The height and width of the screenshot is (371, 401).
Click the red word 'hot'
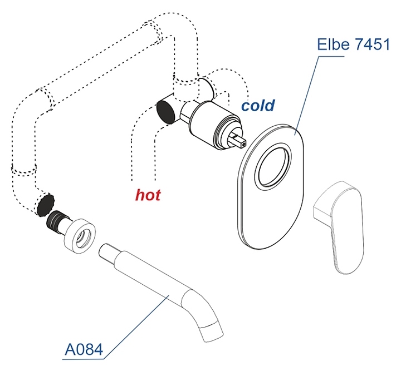(148, 195)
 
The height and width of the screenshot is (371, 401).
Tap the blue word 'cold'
(257, 105)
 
